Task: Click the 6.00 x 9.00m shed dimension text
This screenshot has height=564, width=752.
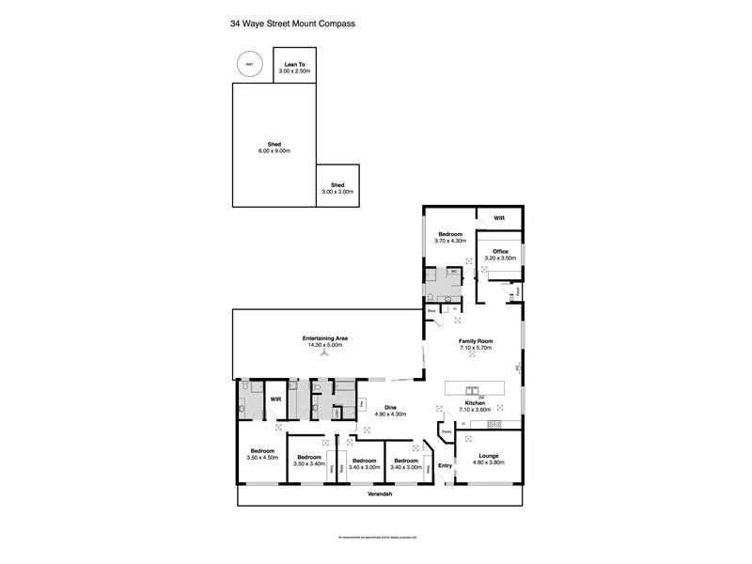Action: [274, 150]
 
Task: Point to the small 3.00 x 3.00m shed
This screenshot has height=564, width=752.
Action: [337, 188]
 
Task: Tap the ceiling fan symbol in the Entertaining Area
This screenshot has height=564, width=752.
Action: [322, 356]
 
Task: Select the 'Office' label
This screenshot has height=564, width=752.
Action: [500, 251]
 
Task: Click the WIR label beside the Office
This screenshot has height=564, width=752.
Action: [499, 218]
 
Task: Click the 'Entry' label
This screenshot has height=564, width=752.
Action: [445, 465]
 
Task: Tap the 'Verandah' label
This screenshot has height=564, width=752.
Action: [380, 493]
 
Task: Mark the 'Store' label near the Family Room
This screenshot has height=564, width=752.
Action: [431, 309]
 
